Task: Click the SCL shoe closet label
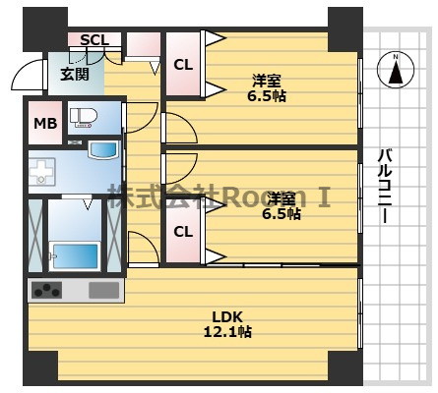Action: click(x=94, y=40)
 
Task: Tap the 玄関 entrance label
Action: click(x=75, y=75)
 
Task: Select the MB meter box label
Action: click(x=45, y=124)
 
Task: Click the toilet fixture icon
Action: click(x=84, y=118)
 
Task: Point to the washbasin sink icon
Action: click(x=103, y=150)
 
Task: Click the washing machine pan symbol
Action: click(x=42, y=172)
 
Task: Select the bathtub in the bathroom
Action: click(x=75, y=255)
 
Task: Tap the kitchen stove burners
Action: click(x=46, y=290)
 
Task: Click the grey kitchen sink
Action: click(x=103, y=290)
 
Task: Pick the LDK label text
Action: click(x=227, y=317)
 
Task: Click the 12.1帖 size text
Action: click(x=227, y=332)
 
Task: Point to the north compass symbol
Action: click(x=396, y=70)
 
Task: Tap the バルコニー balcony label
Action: click(x=385, y=186)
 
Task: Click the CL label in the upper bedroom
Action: click(x=183, y=65)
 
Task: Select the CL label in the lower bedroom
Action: click(x=183, y=232)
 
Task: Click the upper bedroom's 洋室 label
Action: click(x=267, y=81)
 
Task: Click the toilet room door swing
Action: click(x=140, y=118)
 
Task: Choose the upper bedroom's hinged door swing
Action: click(x=179, y=128)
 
